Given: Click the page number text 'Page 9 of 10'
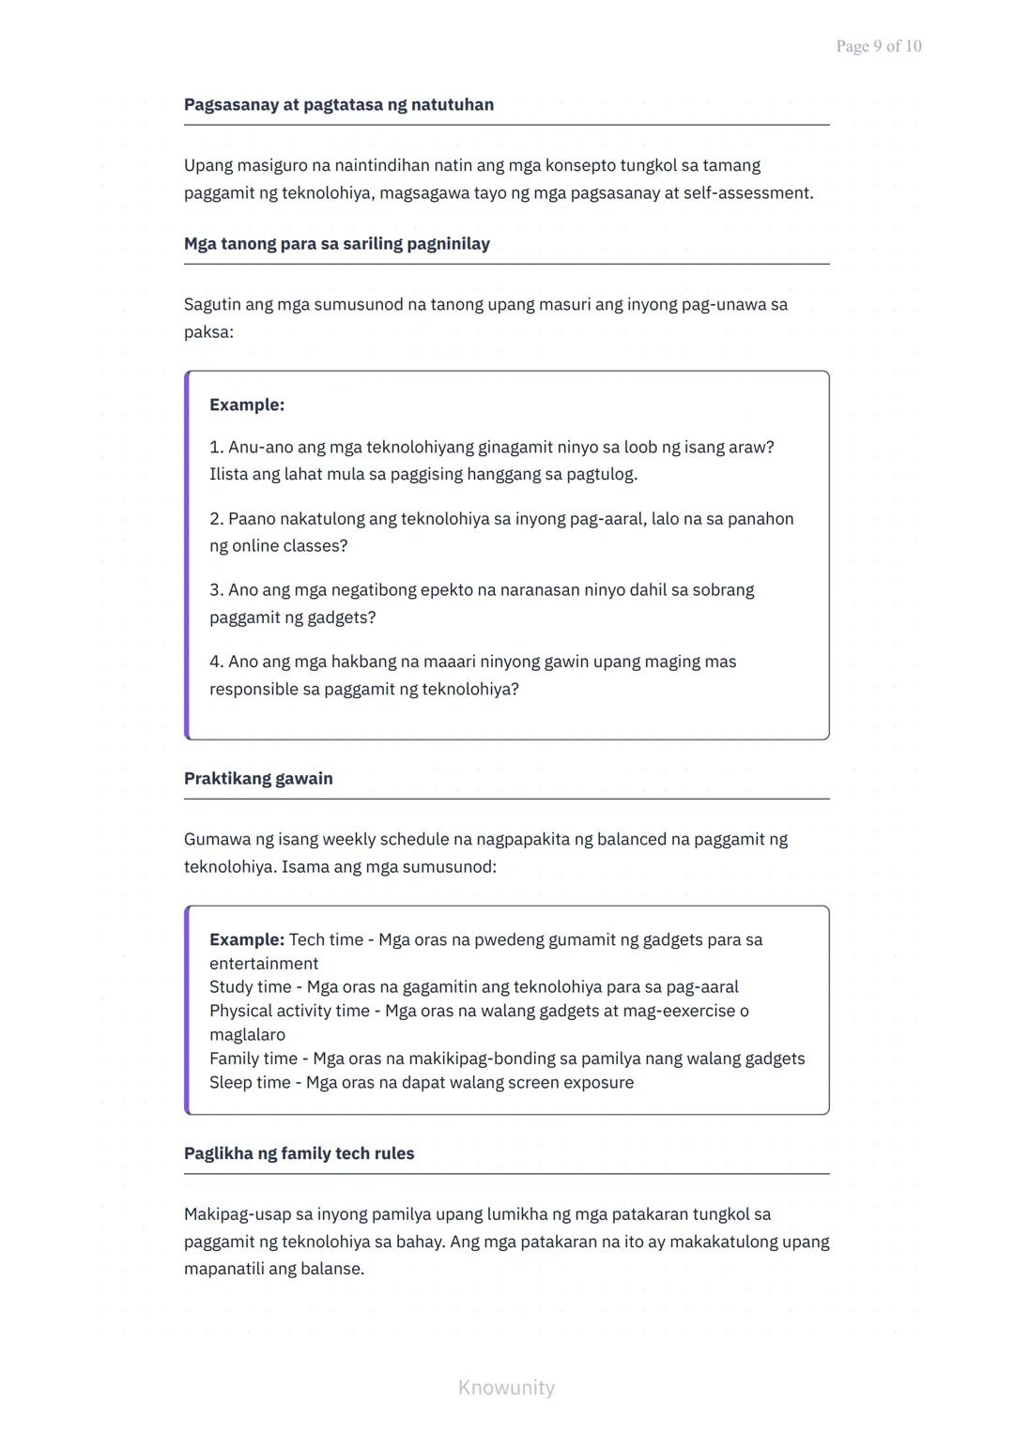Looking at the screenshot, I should click(x=878, y=46).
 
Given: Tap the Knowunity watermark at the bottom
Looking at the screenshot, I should click(x=506, y=1387).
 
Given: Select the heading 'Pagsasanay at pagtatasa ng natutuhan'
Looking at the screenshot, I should click(x=338, y=104).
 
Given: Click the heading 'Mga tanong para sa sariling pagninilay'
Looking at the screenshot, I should click(x=336, y=243).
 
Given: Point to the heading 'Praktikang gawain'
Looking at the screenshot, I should click(x=258, y=778).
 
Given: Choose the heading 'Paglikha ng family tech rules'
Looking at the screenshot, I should click(x=299, y=1153).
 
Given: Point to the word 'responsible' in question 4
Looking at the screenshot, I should click(x=253, y=689).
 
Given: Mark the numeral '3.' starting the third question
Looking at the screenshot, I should click(x=217, y=589).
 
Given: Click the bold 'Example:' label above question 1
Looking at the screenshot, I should click(x=247, y=404).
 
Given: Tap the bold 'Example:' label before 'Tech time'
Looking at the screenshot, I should click(x=247, y=939).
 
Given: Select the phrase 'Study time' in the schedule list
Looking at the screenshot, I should click(x=251, y=986).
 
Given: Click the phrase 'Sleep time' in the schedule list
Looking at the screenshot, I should click(x=250, y=1082).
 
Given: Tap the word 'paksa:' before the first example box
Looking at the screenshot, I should click(x=208, y=331).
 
